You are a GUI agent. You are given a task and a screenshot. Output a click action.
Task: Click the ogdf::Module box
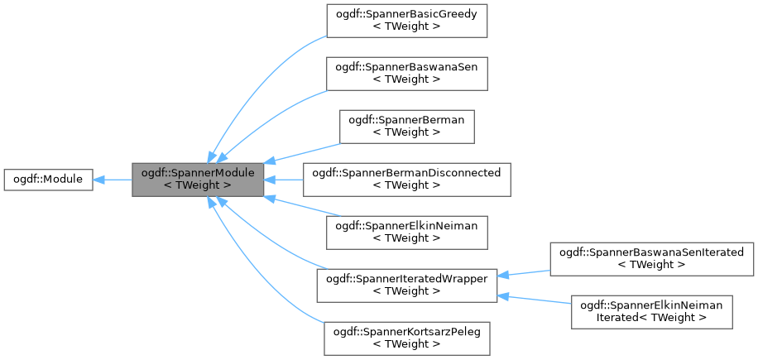47,179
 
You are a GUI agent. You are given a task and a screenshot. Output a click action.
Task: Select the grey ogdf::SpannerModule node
198,179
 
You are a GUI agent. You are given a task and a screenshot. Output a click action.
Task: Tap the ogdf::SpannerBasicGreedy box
406,21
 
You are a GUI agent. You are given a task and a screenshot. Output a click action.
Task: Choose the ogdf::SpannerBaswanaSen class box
406,74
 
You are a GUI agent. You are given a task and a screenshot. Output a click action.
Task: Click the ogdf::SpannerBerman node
406,127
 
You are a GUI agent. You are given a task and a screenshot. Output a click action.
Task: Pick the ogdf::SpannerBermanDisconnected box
406,179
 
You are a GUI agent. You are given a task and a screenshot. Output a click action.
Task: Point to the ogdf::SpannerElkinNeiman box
406,232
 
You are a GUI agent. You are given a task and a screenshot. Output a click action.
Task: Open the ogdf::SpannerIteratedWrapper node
406,285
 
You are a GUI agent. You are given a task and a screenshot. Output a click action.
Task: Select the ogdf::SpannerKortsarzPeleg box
406,338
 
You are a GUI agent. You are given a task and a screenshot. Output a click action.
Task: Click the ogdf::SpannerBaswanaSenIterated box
652,258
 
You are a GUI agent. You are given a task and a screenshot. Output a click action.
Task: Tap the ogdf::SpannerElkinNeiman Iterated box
652,311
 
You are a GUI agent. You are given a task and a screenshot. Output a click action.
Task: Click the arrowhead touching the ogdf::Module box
98,179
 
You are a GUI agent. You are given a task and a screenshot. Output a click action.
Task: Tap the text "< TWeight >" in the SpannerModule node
198,185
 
